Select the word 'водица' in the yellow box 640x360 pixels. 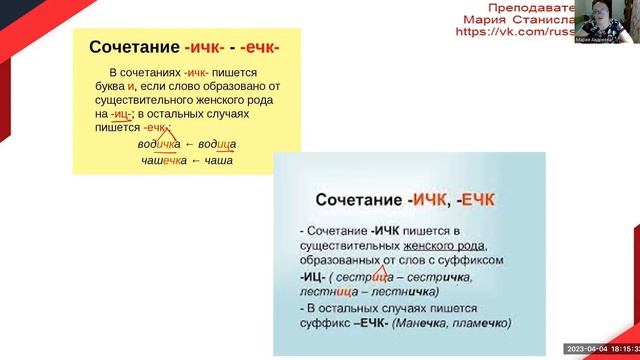(x=215, y=145)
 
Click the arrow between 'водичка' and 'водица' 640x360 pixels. (x=189, y=145)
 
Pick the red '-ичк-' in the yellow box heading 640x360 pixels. (x=206, y=47)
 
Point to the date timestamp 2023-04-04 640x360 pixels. (x=587, y=348)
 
